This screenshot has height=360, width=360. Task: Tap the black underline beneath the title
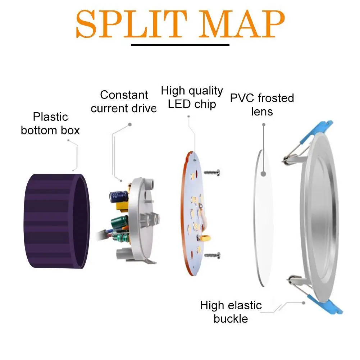[180, 45]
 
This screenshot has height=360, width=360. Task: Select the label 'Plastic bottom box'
[50, 123]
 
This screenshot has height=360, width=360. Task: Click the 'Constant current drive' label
[124, 101]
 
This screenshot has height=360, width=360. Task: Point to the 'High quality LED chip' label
[192, 97]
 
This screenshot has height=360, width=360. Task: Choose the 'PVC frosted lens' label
[262, 104]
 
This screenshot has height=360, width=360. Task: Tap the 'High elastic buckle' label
[231, 312]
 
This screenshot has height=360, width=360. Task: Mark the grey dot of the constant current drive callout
[129, 124]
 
